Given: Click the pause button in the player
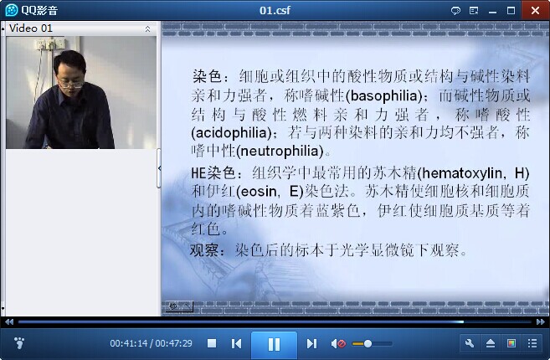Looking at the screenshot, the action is [274, 344].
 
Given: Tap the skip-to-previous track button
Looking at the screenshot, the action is [236, 343].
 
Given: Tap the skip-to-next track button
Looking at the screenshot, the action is [311, 343].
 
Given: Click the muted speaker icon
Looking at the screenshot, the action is [338, 343].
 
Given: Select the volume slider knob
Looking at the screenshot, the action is [368, 343].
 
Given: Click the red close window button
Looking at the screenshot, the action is [535, 10].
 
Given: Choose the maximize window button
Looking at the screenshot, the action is [511, 11].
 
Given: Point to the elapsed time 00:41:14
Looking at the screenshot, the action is [129, 343].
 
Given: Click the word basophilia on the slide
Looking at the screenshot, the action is [384, 95].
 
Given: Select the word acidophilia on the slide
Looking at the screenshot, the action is [232, 132].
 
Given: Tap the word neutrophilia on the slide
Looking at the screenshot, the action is [280, 152].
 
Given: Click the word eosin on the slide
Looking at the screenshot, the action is [259, 192].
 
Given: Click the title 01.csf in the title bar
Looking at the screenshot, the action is [275, 10].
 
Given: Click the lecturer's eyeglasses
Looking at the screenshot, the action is [70, 85].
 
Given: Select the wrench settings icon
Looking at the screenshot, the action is [470, 343].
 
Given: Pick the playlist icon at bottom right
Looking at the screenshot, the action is [532, 343].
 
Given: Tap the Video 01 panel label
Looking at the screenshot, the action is [30, 28].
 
